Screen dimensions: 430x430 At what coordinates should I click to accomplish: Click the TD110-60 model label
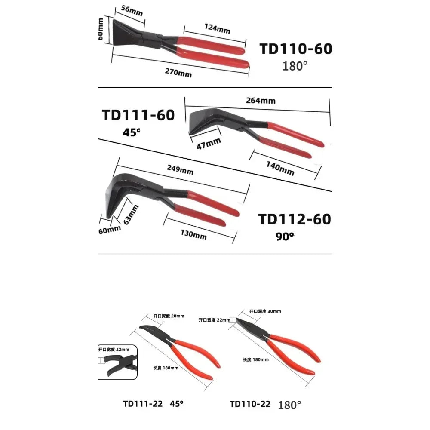[x=296, y=49]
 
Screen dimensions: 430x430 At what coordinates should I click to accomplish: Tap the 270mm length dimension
[x=178, y=73]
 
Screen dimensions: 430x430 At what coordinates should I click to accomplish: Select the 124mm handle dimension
[x=217, y=28]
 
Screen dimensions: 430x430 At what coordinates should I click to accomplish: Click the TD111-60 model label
[x=138, y=115]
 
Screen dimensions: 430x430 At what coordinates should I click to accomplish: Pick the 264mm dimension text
[x=261, y=101]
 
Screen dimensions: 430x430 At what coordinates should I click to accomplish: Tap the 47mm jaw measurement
[x=209, y=144]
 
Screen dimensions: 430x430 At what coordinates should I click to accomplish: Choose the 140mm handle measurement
[x=280, y=168]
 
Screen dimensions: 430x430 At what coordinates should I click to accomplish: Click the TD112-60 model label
[x=295, y=219]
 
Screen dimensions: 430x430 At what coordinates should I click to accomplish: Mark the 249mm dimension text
[x=180, y=169]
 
